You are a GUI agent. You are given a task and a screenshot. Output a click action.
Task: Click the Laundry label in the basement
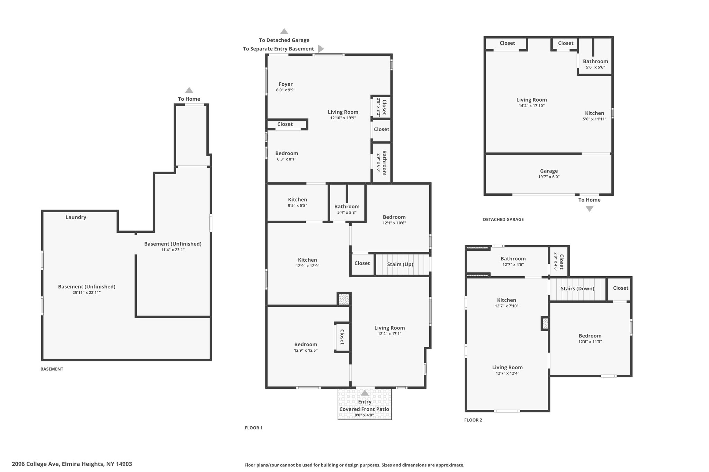click(76, 217)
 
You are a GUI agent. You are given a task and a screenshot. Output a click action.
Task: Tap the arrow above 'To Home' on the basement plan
click(189, 90)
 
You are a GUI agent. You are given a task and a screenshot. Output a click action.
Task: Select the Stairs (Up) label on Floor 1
click(400, 265)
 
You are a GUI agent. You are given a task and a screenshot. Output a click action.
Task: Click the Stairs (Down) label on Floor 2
click(577, 289)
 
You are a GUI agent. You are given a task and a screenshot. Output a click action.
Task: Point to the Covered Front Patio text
click(364, 409)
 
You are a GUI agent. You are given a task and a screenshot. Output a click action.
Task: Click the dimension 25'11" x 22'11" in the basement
click(87, 293)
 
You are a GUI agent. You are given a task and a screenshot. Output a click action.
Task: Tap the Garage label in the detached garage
click(549, 171)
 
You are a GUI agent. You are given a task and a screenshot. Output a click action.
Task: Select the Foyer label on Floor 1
click(286, 84)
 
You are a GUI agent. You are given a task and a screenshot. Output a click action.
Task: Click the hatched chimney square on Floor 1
click(344, 299)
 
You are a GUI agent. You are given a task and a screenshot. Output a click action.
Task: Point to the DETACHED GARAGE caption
click(503, 220)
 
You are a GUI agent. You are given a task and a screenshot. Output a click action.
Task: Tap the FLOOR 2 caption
click(473, 420)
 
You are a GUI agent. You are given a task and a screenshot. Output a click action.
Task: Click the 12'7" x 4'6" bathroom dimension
click(513, 265)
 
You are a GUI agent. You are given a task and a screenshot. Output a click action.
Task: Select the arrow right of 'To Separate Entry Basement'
click(321, 49)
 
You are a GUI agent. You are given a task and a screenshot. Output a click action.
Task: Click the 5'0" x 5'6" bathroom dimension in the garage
click(595, 67)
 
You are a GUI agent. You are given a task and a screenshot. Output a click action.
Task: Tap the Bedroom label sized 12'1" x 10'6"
click(394, 217)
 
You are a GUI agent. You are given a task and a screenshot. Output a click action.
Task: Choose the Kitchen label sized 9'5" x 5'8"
click(298, 200)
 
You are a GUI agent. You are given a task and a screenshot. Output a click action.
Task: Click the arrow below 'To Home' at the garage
click(590, 209)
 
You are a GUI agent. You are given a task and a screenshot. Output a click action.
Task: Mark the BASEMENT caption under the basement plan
click(52, 369)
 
